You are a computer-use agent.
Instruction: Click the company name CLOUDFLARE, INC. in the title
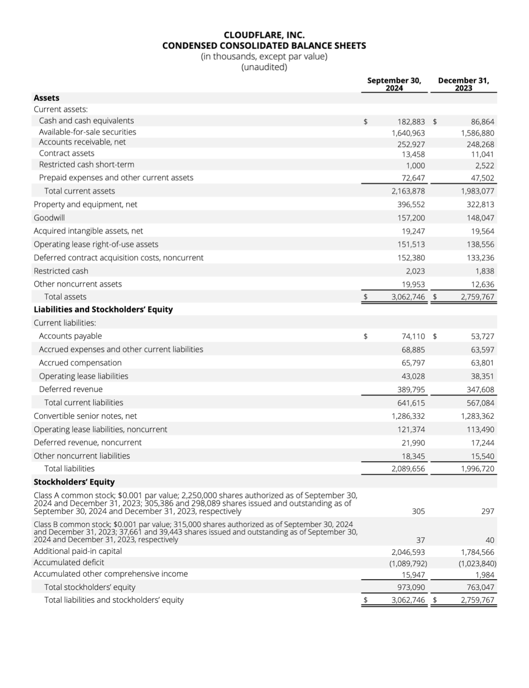264,35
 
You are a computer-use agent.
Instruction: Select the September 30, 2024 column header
394,84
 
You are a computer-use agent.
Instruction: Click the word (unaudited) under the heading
264,67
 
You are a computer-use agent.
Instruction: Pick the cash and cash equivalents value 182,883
411,122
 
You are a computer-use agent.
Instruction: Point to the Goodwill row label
49,218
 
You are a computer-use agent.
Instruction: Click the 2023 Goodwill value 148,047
480,218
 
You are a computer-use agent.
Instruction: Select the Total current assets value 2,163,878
408,191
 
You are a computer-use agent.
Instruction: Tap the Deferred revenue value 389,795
411,390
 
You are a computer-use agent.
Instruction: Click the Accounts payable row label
70,336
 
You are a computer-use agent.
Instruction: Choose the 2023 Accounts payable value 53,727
482,337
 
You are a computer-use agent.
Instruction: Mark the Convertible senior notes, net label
85,416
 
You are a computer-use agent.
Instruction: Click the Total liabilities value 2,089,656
408,469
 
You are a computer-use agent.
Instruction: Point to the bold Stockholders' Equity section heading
74,482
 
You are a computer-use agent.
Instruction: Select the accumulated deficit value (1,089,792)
408,563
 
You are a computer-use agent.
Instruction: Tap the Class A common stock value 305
418,511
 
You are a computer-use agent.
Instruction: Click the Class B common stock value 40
489,541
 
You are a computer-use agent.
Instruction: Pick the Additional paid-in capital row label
77,551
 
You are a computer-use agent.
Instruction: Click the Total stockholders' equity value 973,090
411,588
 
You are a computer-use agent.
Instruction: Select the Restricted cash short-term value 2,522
484,166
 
